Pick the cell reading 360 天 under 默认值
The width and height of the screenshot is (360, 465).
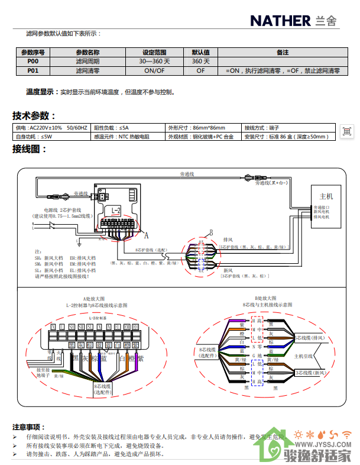coord(201,62)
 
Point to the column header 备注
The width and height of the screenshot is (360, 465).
coord(283,53)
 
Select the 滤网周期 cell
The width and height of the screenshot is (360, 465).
coord(87,62)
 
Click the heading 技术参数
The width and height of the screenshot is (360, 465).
coord(34,116)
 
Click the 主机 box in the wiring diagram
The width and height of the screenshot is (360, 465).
coord(326,196)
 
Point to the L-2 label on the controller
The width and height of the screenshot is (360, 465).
coord(116,210)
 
